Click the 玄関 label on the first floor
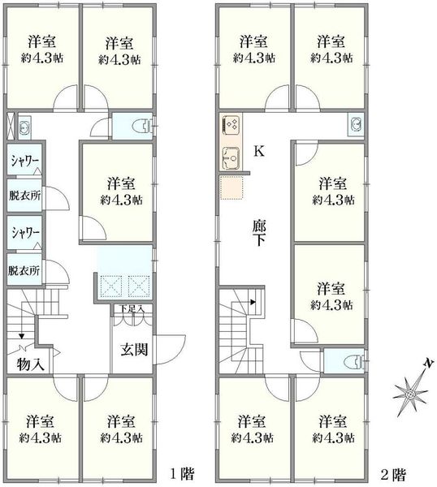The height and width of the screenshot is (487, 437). [134, 349]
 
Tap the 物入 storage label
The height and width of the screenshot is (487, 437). [31, 364]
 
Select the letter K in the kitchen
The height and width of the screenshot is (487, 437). [259, 151]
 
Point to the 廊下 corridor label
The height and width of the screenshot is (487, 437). [259, 233]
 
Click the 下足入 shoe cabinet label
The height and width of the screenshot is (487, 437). [132, 308]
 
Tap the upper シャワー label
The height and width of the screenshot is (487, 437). [25, 161]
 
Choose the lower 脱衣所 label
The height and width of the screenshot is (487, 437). [24, 270]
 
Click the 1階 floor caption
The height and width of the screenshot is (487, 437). [182, 474]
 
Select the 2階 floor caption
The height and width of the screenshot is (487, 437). [393, 474]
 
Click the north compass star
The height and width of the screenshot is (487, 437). [410, 394]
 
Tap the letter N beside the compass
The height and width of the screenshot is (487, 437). [429, 363]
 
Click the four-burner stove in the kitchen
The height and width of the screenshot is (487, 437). [231, 126]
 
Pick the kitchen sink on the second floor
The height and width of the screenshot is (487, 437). [231, 157]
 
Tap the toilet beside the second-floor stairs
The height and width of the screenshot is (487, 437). [355, 361]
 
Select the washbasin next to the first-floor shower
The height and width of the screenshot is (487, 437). [24, 126]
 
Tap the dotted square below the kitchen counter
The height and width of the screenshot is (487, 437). [231, 187]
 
